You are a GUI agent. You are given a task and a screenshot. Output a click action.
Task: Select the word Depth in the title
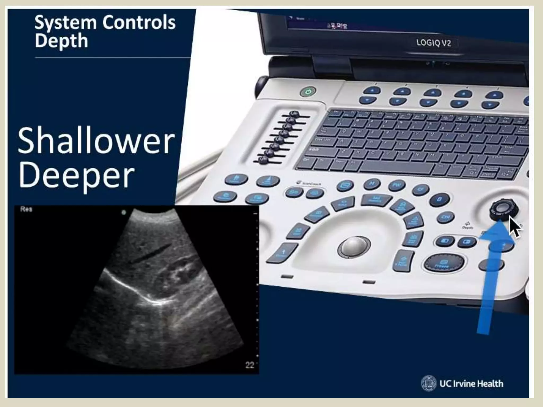(61, 41)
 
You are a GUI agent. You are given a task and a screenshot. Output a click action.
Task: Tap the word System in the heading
(65, 22)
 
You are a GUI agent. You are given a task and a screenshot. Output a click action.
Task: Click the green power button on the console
(308, 92)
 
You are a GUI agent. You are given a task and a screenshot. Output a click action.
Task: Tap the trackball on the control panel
(354, 246)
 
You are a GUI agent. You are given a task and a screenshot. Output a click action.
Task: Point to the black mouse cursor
(514, 227)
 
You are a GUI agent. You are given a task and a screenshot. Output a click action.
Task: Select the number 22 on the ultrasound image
(250, 365)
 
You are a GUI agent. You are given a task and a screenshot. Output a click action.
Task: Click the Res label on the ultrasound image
(26, 209)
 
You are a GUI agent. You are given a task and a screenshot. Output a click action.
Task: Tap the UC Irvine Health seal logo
(428, 383)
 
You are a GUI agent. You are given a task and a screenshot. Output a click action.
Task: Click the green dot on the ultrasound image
(124, 212)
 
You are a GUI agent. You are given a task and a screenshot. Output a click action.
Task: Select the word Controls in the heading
(139, 22)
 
